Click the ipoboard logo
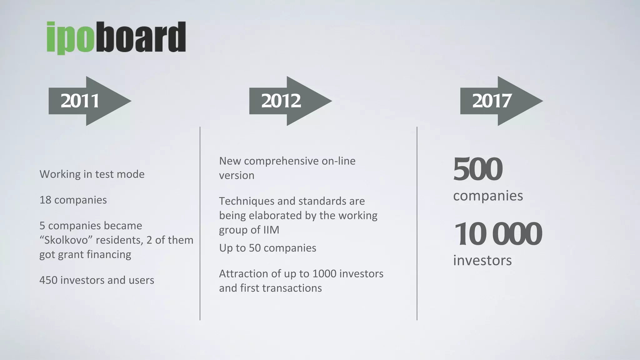pyautogui.click(x=116, y=37)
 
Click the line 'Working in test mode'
pyautogui.click(x=92, y=174)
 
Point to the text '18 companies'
pyautogui.click(x=73, y=200)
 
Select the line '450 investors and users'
pyautogui.click(x=97, y=280)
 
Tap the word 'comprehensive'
pyautogui.click(x=281, y=161)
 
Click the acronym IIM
pyautogui.click(x=271, y=230)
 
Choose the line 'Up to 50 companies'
pyautogui.click(x=267, y=248)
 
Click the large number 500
pyautogui.click(x=477, y=169)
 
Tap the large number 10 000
pyautogui.click(x=497, y=234)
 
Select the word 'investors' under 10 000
pyautogui.click(x=482, y=260)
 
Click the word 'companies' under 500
pyautogui.click(x=488, y=196)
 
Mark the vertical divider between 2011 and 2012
pyautogui.click(x=200, y=223)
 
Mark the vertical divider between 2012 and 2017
pyautogui.click(x=417, y=223)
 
